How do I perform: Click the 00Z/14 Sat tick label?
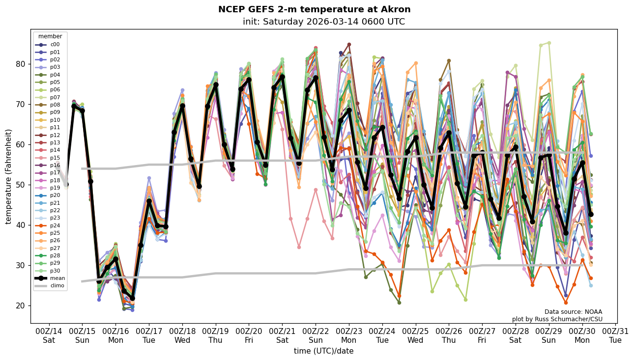coord(49,335)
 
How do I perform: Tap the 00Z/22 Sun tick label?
coord(316,335)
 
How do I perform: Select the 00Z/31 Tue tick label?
coord(615,335)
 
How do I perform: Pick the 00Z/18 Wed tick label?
coord(182,335)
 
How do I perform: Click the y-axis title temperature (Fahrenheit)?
coord(9,176)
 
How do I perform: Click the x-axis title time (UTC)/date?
coord(323,351)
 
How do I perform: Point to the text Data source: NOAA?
coord(573,312)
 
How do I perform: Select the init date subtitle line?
coord(323,22)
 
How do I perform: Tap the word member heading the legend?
coord(50,36)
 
